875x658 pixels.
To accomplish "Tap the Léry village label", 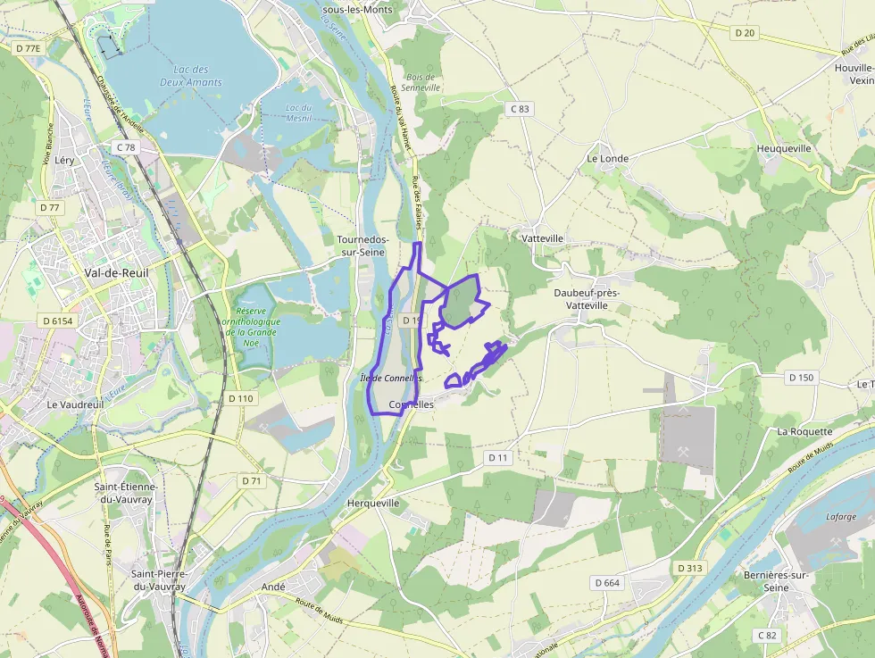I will [x=64, y=160].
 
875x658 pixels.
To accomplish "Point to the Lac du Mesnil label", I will [x=297, y=113].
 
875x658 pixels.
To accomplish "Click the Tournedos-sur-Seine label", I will [x=362, y=246].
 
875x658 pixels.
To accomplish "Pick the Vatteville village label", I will [x=542, y=238].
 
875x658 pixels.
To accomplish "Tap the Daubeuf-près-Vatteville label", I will [x=587, y=298].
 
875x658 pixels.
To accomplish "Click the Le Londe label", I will [x=607, y=158].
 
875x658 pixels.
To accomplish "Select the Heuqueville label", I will [x=784, y=148].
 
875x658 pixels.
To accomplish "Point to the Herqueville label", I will [x=372, y=504].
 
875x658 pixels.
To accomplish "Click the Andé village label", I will [x=273, y=587].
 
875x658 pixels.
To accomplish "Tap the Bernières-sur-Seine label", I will [x=776, y=581].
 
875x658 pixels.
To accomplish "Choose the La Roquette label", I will [x=804, y=431].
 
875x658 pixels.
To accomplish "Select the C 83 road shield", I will [x=519, y=109].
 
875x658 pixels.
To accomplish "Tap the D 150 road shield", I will [x=802, y=378].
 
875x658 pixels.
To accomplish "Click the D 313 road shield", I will [x=690, y=568].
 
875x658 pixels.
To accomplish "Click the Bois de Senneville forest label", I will [x=421, y=82].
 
